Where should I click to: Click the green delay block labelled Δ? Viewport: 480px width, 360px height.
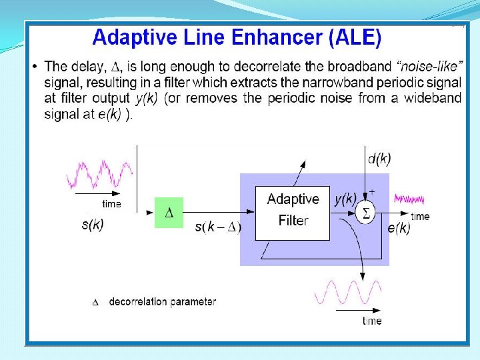pos(169,213)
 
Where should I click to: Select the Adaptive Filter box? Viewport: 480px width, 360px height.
pos(293,213)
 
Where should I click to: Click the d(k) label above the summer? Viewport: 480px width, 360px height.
pos(379,159)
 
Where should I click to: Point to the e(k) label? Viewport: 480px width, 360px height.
pos(399,228)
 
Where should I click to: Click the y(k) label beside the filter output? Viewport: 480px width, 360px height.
pos(345,198)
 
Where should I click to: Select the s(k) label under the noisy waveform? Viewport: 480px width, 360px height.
pos(93,225)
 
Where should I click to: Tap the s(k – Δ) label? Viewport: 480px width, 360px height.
pos(218,228)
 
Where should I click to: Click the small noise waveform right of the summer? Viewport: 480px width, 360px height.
pos(409,199)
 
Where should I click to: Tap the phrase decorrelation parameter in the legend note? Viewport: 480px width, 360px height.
pos(162,301)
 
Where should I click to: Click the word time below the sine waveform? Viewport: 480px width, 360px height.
pos(372,321)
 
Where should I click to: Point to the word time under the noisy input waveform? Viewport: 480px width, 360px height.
pos(111,204)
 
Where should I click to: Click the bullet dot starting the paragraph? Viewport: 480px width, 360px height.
pos(35,67)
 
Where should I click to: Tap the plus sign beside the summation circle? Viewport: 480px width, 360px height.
pos(372,192)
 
